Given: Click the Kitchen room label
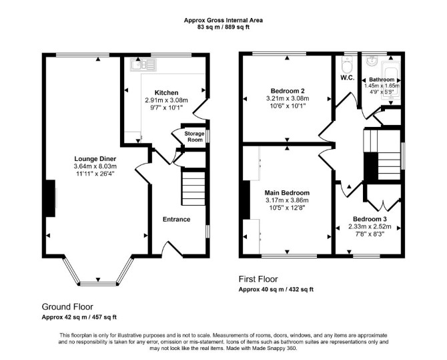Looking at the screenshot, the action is (x=167, y=93).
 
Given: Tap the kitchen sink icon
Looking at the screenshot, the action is (x=143, y=65).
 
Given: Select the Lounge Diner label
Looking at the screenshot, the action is (x=95, y=159).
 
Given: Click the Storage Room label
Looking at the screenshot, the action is (x=194, y=136).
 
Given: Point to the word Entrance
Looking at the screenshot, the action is (x=176, y=219).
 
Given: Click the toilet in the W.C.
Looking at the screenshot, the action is (x=347, y=65).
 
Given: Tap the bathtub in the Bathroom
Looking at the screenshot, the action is (x=391, y=81).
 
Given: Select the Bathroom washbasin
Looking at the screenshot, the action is (x=372, y=61).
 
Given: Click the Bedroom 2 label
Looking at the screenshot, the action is (x=288, y=91).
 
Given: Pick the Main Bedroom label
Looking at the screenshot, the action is (x=287, y=193).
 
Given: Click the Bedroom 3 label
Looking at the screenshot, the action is (x=370, y=219).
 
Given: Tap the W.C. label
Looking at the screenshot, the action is (x=347, y=77).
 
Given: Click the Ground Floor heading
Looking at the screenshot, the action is (x=67, y=307).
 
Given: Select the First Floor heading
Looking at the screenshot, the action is (x=258, y=279).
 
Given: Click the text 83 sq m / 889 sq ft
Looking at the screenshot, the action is (x=223, y=27).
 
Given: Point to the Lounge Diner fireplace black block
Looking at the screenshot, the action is (x=51, y=198).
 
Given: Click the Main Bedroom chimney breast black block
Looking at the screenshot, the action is (x=246, y=200).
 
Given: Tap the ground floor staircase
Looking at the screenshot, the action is (x=193, y=188).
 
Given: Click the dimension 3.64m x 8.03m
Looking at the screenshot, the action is (x=95, y=166).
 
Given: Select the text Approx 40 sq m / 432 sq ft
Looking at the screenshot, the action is (x=276, y=289).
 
